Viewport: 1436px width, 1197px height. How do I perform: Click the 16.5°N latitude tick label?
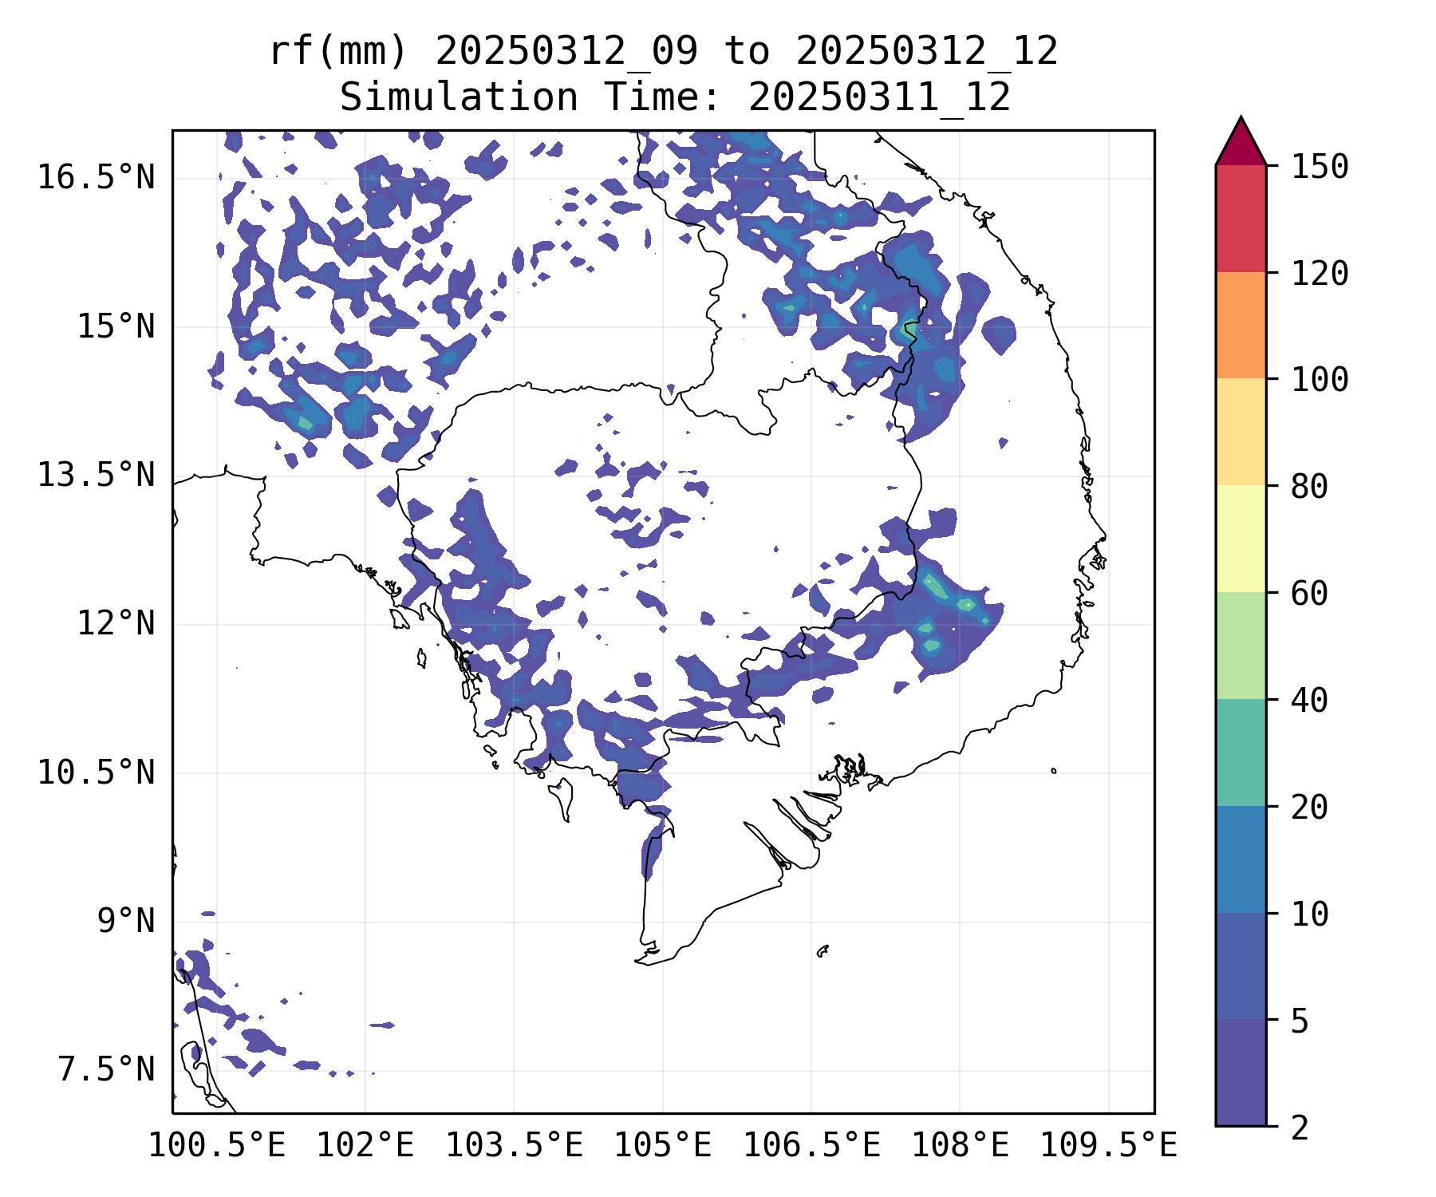[x=96, y=177]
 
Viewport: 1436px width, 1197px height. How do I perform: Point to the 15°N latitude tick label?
[x=116, y=326]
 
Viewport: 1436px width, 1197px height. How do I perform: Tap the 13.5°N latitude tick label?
[x=96, y=476]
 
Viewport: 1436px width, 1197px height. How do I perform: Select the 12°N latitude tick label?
[x=116, y=624]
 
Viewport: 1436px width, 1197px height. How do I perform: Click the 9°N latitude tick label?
[x=126, y=922]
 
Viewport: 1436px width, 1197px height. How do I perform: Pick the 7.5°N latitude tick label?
[x=106, y=1070]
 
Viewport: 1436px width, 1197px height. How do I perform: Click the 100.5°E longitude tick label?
[x=217, y=1146]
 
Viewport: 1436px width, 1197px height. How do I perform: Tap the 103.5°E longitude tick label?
[x=514, y=1146]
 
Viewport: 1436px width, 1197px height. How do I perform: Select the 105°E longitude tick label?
[x=662, y=1146]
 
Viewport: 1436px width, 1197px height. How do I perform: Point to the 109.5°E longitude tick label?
[x=1108, y=1146]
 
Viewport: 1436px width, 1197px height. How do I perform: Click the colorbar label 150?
[x=1320, y=168]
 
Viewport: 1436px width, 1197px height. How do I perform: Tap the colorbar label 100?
[x=1320, y=380]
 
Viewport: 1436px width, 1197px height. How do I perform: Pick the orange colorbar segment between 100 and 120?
[x=1241, y=325]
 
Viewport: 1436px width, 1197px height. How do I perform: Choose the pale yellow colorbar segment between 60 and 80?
[x=1241, y=539]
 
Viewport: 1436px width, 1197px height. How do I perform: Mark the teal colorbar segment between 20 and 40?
[x=1241, y=753]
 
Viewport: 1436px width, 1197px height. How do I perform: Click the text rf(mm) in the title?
[x=338, y=52]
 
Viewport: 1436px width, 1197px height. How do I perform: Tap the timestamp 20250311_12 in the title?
[x=879, y=98]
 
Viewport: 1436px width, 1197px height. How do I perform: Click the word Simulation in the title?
[x=459, y=98]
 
